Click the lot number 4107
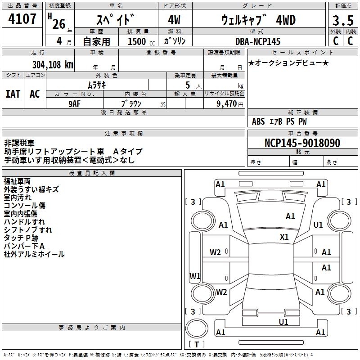point(22,19)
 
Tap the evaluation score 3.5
point(343,21)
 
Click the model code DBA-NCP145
point(258,41)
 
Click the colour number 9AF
point(75,103)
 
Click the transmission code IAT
point(13,94)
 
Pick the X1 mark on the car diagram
point(284,237)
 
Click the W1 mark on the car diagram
point(195,276)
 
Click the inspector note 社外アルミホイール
point(34,254)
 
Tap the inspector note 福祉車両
point(17,181)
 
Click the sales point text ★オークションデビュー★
point(288,63)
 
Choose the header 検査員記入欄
point(92,173)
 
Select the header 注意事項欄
point(123,134)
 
